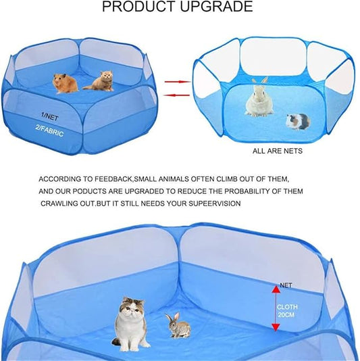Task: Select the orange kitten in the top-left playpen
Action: (x=99, y=81)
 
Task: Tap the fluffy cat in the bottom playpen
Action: (x=131, y=322)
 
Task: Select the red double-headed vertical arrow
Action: (x=275, y=308)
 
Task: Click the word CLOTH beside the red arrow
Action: (x=286, y=306)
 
